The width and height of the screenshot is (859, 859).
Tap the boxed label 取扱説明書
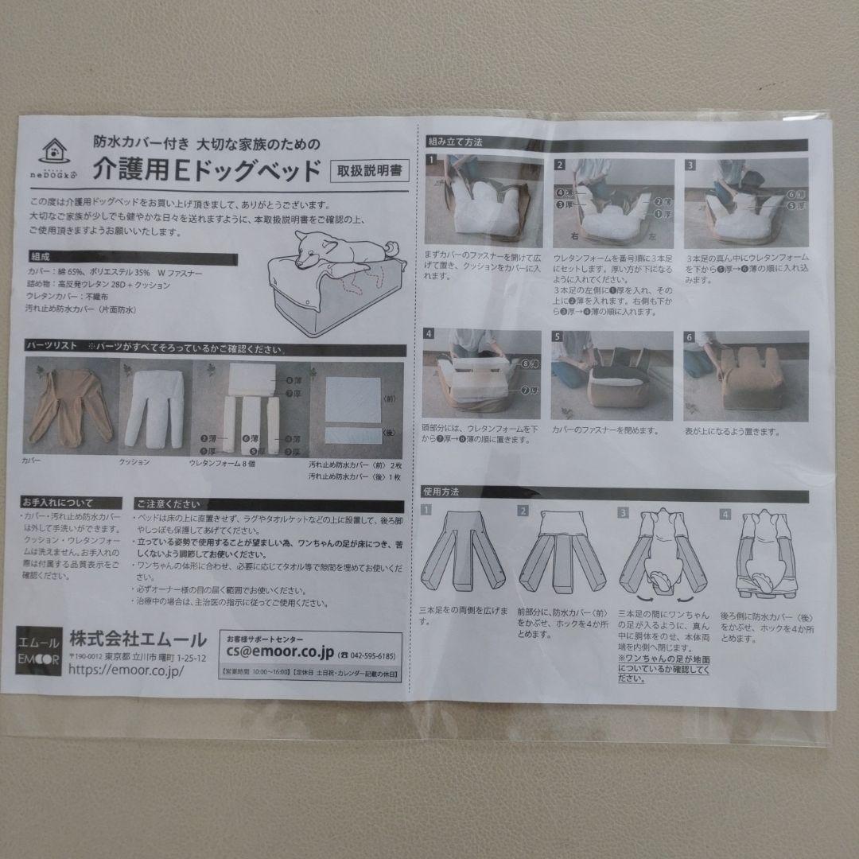(367, 169)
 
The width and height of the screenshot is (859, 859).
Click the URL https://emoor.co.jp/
(127, 670)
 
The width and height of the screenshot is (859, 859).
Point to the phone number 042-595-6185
(367, 655)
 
